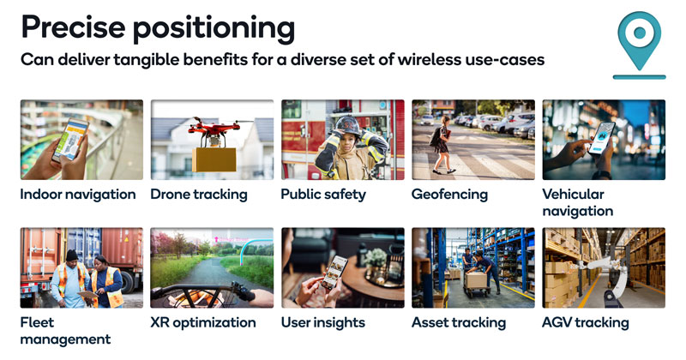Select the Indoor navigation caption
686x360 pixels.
78,195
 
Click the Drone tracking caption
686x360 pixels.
199,195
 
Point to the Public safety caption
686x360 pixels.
323,195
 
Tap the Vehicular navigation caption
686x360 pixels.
577,202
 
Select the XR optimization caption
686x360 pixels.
203,323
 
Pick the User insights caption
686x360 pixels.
323,323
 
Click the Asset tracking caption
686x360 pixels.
459,323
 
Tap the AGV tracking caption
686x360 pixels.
586,323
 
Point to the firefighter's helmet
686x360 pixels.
346,126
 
